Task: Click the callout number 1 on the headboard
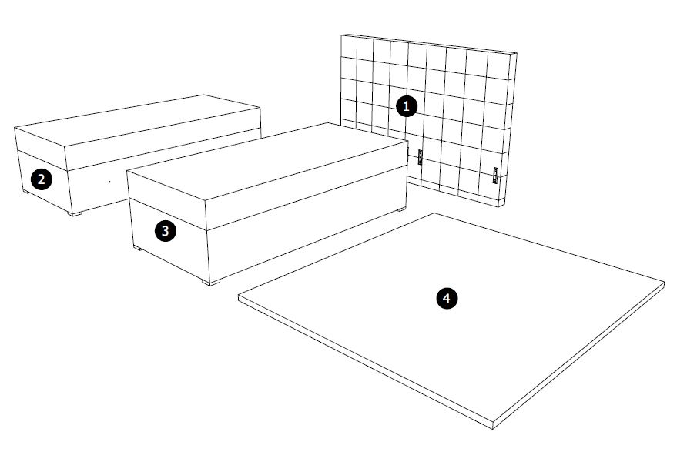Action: pos(406,106)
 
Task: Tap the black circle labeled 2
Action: pos(41,179)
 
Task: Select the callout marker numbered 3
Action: pos(165,231)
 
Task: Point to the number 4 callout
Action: pos(447,299)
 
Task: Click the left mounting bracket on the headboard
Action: pos(421,157)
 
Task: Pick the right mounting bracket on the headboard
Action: pos(495,175)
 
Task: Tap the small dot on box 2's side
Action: pos(109,181)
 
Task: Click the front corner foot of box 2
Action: pos(75,214)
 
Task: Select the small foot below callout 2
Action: pos(26,192)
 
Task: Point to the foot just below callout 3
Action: pos(138,248)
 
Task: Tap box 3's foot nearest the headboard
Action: pos(401,209)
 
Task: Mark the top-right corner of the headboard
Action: pos(517,53)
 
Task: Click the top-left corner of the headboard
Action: pos(341,35)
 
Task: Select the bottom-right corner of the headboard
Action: pos(499,206)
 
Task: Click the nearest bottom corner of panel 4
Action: pos(492,428)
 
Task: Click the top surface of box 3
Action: pos(267,161)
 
